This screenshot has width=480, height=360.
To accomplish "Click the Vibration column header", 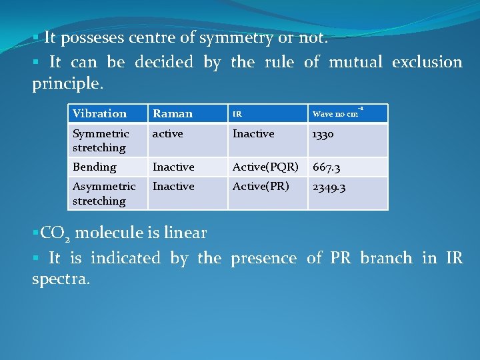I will pyautogui.click(x=99, y=113).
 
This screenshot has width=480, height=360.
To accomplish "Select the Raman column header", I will pyautogui.click(x=172, y=113).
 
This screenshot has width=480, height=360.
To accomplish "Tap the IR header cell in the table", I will pyautogui.click(x=237, y=114).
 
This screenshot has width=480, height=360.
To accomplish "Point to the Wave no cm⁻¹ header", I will pyautogui.click(x=337, y=113).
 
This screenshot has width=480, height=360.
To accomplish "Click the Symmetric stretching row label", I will pyautogui.click(x=101, y=141).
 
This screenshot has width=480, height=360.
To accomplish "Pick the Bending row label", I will pyautogui.click(x=94, y=167).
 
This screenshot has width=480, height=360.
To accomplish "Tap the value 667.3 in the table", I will pyautogui.click(x=327, y=167).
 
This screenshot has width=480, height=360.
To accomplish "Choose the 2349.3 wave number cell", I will pyautogui.click(x=329, y=187).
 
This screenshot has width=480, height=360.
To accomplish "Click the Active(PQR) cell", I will pyautogui.click(x=265, y=167).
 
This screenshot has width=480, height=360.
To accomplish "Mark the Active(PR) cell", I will pyautogui.click(x=260, y=187).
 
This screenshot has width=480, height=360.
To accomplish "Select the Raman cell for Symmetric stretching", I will pyautogui.click(x=167, y=134).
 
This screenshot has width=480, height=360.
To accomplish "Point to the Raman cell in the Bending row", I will pyautogui.click(x=173, y=167).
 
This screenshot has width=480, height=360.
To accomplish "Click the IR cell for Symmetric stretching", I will pyautogui.click(x=253, y=134).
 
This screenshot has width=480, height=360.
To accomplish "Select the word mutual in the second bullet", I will pyautogui.click(x=353, y=62).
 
